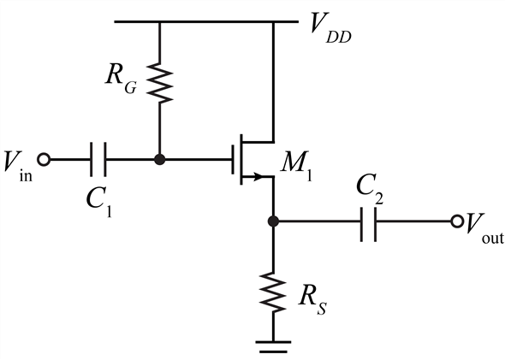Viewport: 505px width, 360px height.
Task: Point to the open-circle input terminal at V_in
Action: click(x=45, y=159)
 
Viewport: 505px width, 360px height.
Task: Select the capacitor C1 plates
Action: click(x=98, y=159)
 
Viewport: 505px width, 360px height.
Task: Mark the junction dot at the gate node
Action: click(x=159, y=159)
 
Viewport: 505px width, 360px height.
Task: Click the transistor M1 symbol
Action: click(x=251, y=159)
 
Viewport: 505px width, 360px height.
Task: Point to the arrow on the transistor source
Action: click(x=252, y=178)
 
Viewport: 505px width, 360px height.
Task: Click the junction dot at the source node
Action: click(x=273, y=221)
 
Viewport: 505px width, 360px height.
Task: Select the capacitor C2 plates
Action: click(x=369, y=221)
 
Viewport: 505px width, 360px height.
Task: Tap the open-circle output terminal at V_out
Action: click(x=456, y=221)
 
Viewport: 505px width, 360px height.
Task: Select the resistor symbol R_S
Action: click(x=273, y=291)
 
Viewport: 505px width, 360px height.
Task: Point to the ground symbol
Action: click(x=273, y=345)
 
